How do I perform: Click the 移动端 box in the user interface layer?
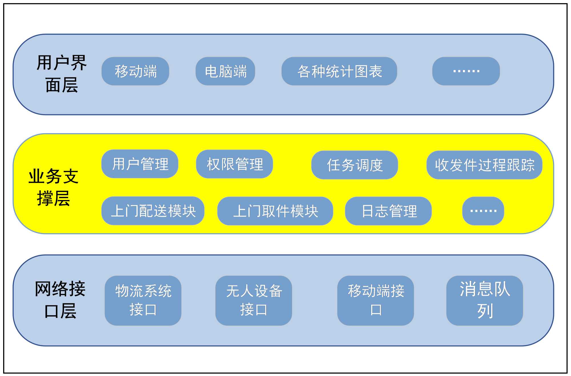tap(135, 71)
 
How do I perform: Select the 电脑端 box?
tap(225, 71)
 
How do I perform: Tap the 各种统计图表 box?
tap(339, 71)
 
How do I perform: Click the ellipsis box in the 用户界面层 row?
tap(466, 71)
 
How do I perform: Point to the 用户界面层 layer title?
tap(61, 74)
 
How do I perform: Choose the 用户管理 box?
tap(140, 164)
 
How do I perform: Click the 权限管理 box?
tap(234, 164)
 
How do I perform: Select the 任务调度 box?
tap(355, 165)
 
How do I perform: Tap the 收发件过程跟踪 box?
tap(484, 165)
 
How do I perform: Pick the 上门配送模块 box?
tap(153, 211)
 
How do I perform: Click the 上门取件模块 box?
tap(275, 211)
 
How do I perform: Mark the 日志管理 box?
tap(388, 211)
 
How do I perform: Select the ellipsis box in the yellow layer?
tap(483, 211)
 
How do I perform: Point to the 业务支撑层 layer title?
tap(53, 187)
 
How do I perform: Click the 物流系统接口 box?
tap(143, 301)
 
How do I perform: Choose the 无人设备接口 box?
tap(254, 301)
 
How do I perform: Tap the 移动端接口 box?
tap(375, 301)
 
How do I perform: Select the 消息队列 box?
tap(484, 301)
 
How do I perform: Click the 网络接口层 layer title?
tap(60, 299)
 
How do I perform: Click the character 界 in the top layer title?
tap(79, 63)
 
